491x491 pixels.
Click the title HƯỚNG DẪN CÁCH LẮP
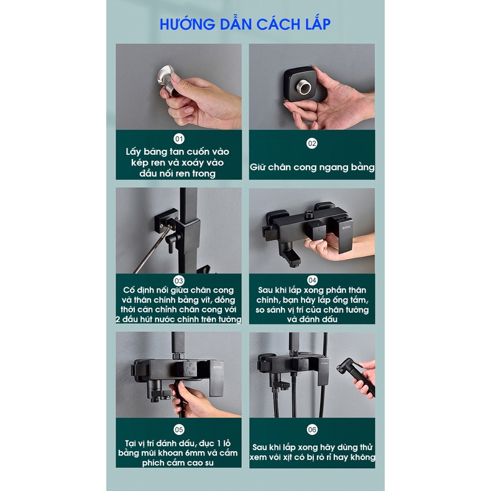click(x=245, y=24)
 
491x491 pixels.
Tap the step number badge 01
click(x=179, y=139)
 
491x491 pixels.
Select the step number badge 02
click(x=312, y=144)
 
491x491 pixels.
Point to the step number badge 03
click(x=179, y=280)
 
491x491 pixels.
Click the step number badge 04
click(x=312, y=280)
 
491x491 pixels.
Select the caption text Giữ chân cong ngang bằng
click(x=312, y=167)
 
